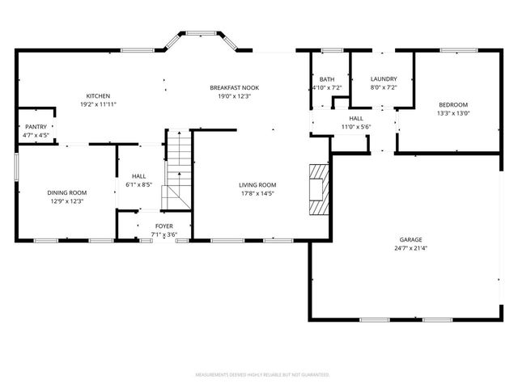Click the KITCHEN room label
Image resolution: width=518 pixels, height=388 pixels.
click(98, 96)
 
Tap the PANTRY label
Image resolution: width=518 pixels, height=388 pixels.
click(36, 127)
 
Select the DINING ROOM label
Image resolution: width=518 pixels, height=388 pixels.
click(67, 192)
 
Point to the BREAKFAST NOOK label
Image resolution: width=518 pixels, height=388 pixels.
click(234, 87)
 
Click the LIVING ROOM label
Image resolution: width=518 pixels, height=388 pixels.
click(257, 185)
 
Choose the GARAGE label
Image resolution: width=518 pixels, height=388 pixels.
click(410, 240)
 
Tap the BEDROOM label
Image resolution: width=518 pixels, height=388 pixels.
click(453, 104)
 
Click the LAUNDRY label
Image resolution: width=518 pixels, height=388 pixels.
click(383, 78)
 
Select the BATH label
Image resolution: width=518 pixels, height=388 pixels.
click(327, 78)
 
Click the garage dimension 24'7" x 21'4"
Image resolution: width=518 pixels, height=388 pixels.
click(410, 249)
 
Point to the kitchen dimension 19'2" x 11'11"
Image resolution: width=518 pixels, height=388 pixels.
click(98, 105)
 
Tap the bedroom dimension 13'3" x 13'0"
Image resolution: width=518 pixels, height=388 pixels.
click(453, 113)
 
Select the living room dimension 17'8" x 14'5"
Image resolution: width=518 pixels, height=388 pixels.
click(257, 194)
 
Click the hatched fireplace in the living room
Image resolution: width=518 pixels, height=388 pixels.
click(319, 190)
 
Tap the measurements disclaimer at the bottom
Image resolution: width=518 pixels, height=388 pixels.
click(262, 375)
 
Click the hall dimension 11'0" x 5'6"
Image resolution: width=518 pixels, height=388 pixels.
click(355, 127)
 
